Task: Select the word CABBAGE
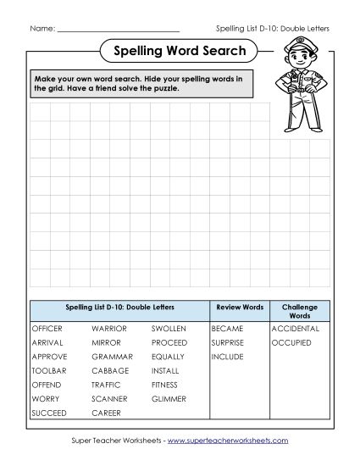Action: click(110, 370)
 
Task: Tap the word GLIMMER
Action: click(169, 398)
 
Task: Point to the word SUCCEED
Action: click(48, 413)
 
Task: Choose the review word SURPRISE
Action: click(228, 342)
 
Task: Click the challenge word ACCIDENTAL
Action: click(295, 328)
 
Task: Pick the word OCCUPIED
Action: click(291, 342)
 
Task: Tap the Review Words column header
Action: click(240, 307)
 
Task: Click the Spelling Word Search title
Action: click(180, 51)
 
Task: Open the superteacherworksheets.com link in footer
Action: click(240, 441)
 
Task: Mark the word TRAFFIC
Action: click(107, 385)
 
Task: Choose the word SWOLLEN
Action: click(169, 328)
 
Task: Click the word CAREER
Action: click(106, 413)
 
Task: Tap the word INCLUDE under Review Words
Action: click(226, 357)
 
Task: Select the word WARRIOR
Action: click(109, 328)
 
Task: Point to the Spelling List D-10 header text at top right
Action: click(273, 29)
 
